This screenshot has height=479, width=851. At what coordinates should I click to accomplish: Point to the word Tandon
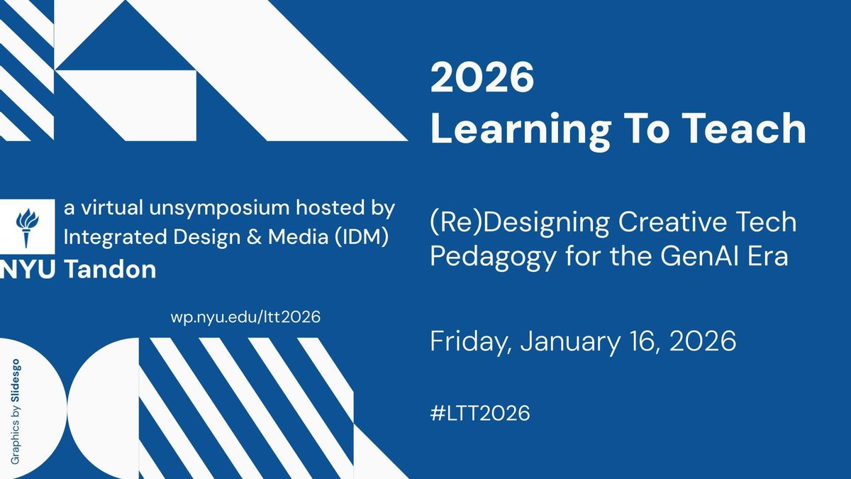click(x=111, y=270)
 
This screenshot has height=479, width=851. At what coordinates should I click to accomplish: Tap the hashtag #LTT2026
click(x=480, y=413)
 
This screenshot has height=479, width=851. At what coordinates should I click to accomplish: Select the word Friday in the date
click(x=469, y=343)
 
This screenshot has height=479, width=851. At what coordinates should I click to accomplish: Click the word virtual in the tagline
click(x=104, y=209)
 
